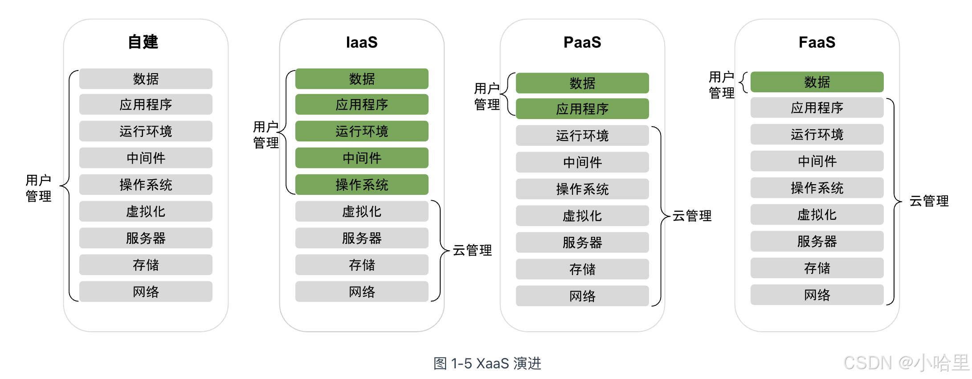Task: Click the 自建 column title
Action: tap(143, 42)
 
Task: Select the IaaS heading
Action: tap(362, 42)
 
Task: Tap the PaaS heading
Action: tap(582, 42)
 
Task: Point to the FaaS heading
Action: tap(817, 42)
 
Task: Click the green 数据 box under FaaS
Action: tap(817, 82)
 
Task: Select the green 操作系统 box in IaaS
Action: tap(362, 185)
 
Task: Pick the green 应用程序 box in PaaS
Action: tap(582, 109)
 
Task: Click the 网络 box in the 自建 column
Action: tap(146, 292)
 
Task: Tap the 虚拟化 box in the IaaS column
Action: tap(362, 211)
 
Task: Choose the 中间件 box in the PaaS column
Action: tap(582, 162)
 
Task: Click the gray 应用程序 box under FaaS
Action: tap(817, 107)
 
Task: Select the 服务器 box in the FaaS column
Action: tap(817, 241)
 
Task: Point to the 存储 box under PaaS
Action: tap(582, 269)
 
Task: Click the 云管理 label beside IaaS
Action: tap(472, 250)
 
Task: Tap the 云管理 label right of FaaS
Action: tap(929, 201)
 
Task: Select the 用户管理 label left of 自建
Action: tap(38, 188)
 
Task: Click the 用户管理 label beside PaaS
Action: tap(487, 96)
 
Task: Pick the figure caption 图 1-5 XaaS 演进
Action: tap(487, 363)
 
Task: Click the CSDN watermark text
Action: tap(906, 363)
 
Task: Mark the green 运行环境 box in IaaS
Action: tap(362, 131)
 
